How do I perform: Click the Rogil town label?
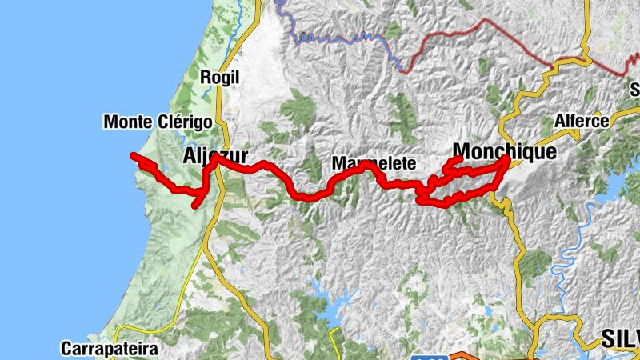click(x=219, y=78)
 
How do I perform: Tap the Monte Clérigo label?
click(x=158, y=122)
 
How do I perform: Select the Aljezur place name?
click(x=215, y=155)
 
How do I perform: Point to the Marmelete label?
click(x=374, y=163)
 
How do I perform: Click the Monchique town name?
click(x=504, y=150)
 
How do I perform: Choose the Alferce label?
click(x=582, y=122)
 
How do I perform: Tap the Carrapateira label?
click(x=110, y=349)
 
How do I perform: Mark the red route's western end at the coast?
click(x=134, y=155)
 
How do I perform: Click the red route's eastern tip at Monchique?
click(x=506, y=159)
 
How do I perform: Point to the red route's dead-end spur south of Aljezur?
click(x=195, y=206)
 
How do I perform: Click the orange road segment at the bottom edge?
click(x=462, y=355)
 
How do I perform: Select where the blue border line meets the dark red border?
click(x=401, y=70)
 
